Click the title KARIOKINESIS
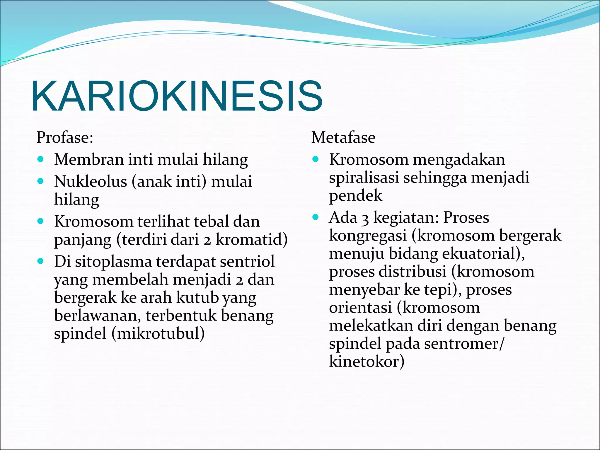[x=177, y=96]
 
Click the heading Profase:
[x=65, y=137]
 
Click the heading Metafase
[x=343, y=137]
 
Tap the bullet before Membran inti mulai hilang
[x=41, y=159]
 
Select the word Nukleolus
[x=91, y=181]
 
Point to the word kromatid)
[x=252, y=239]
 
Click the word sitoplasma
[x=113, y=261]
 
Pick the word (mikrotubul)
[x=158, y=333]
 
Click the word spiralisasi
[x=364, y=178]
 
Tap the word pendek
[x=355, y=196]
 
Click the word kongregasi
[x=368, y=236]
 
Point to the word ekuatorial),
[x=483, y=253]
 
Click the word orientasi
[x=360, y=308]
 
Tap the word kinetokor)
[x=367, y=362]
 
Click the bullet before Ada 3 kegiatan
[x=316, y=217]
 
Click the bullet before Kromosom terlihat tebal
[x=41, y=221]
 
